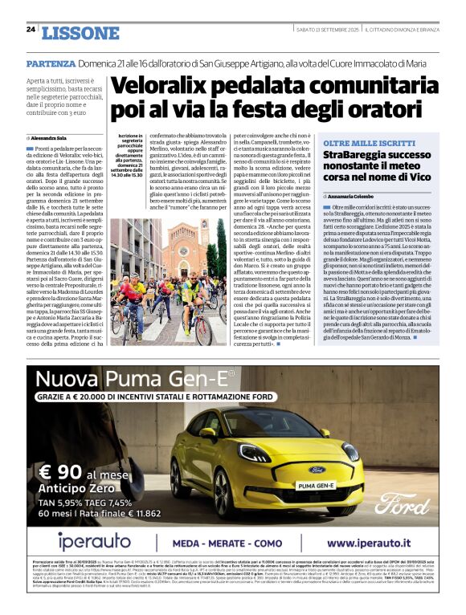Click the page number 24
30,30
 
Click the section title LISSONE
80,33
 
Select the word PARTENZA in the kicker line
51,63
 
